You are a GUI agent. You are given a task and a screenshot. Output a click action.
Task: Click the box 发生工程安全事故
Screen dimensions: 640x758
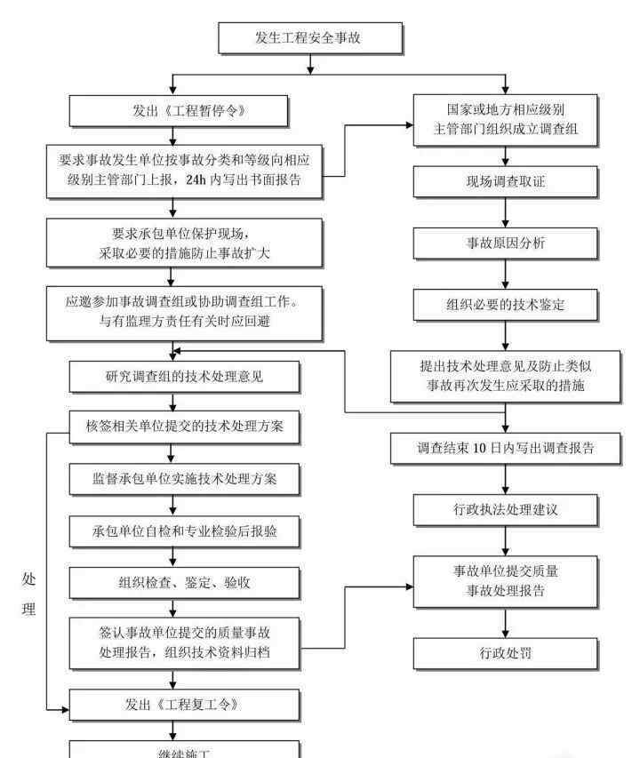[x=310, y=37]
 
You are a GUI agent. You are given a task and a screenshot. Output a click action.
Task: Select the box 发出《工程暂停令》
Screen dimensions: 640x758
[x=179, y=111]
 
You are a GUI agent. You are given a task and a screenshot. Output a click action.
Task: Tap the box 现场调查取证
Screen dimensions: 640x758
[x=505, y=182]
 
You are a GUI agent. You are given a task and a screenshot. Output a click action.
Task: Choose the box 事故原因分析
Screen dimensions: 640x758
[x=505, y=243]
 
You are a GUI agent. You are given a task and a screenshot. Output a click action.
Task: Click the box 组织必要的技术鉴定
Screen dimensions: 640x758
[x=505, y=305]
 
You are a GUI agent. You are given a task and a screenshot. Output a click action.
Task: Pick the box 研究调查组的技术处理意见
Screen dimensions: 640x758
[x=184, y=377]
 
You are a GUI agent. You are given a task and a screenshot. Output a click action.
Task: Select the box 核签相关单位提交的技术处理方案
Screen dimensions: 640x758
[x=184, y=427]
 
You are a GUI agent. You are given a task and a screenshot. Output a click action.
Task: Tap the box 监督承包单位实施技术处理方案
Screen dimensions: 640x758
[x=184, y=479]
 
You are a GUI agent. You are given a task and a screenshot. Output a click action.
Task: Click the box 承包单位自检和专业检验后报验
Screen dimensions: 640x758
[x=184, y=531]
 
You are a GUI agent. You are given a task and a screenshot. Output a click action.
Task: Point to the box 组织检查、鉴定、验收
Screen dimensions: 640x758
[x=184, y=583]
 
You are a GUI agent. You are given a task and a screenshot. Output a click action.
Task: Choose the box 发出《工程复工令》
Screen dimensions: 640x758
[x=184, y=705]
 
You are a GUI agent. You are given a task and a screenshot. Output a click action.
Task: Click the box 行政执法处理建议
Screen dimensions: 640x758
[x=505, y=510]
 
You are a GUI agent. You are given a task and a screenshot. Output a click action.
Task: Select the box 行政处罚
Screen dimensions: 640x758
[x=505, y=653]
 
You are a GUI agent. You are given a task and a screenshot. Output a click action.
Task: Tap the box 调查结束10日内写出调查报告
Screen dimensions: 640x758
[x=505, y=449]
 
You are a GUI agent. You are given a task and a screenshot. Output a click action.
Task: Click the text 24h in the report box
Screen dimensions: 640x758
[x=196, y=180]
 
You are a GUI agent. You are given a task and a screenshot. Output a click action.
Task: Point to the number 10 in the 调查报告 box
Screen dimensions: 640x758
[x=479, y=449]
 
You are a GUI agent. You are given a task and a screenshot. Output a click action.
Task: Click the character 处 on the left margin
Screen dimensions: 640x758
[x=28, y=579]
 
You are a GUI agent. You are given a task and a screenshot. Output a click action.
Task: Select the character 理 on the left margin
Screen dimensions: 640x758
[x=28, y=609]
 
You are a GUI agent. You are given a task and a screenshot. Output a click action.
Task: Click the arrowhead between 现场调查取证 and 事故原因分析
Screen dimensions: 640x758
[x=505, y=223]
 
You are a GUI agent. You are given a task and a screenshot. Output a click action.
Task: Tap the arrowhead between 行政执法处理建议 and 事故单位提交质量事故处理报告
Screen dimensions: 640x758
[x=505, y=552]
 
